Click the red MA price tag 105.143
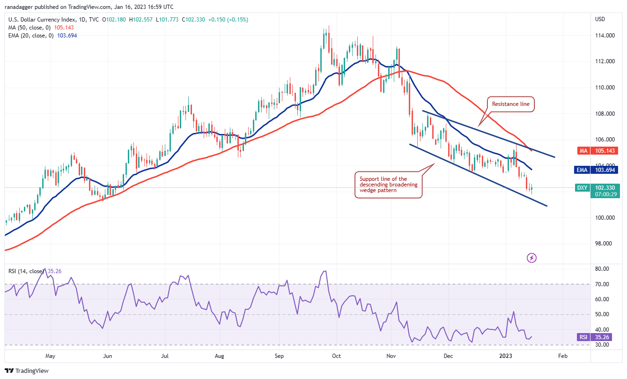[x=604, y=150]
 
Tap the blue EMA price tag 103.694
[x=604, y=171]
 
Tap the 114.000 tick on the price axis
[x=605, y=35]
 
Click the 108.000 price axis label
[x=605, y=113]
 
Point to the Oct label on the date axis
[x=336, y=356]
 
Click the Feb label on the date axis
[x=563, y=356]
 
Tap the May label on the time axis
[x=50, y=356]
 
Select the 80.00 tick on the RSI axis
[x=603, y=269]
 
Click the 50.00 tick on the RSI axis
[x=603, y=314]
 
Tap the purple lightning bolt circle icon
[x=531, y=258]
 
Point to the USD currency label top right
[x=600, y=19]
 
